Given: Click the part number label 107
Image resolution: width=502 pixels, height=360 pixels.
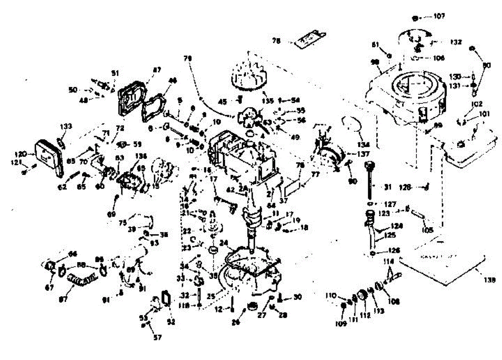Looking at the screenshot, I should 439,17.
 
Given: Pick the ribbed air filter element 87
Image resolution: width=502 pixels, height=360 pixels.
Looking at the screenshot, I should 82,278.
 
